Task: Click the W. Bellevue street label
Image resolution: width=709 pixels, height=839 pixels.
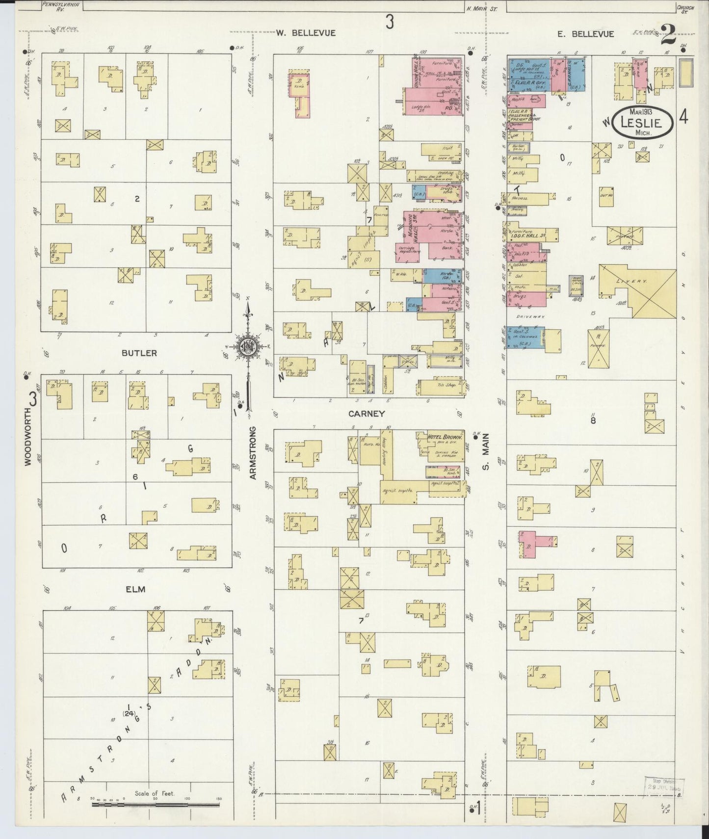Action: tap(305, 33)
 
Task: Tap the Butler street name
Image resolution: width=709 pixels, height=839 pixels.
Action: tap(132, 353)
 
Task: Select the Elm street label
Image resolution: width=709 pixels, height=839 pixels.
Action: tap(135, 589)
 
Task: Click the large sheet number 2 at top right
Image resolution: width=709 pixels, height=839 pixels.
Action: tap(668, 35)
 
